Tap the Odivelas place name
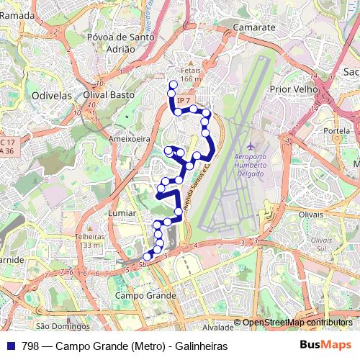pyautogui.click(x=49, y=94)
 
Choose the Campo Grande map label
pyautogui.click(x=145, y=296)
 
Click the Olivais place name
pyautogui.click(x=312, y=214)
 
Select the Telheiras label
pyautogui.click(x=89, y=236)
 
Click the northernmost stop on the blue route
pyautogui.click(x=172, y=85)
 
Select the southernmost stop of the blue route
pyautogui.click(x=147, y=256)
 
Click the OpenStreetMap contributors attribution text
pyautogui.click(x=297, y=323)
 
